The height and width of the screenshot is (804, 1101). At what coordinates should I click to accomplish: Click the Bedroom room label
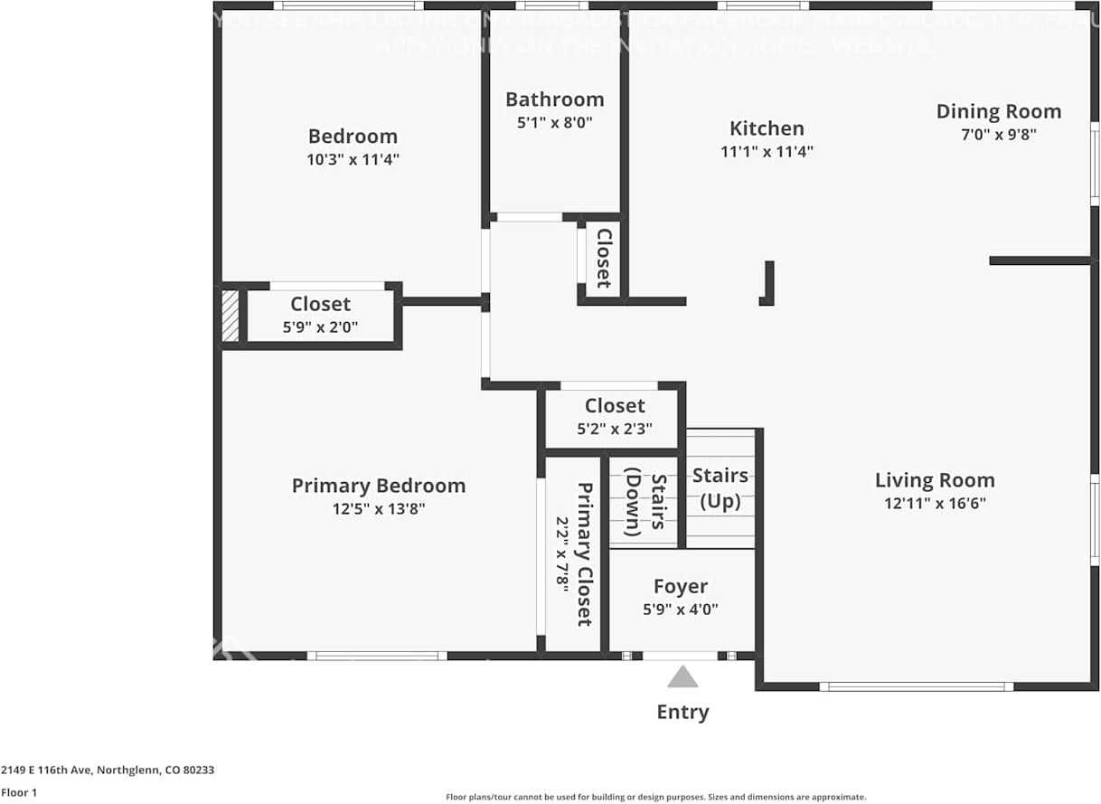353,137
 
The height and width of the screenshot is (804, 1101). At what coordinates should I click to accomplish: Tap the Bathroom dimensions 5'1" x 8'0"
554,123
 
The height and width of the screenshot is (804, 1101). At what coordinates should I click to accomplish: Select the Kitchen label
767,128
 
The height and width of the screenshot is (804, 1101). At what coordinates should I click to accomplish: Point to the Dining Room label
998,111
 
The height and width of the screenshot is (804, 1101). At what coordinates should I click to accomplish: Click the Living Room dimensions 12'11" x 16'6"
935,504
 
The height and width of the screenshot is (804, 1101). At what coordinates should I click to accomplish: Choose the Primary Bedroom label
378,486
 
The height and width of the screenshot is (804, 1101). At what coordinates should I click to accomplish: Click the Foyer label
681,587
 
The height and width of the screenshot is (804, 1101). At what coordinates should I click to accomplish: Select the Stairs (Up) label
720,487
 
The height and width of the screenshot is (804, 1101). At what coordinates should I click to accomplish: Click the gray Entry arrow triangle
682,677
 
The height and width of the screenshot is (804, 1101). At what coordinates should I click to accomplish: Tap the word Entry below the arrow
682,712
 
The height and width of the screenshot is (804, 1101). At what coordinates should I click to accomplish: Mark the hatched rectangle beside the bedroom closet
231,316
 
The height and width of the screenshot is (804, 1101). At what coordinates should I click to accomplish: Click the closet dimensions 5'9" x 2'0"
320,327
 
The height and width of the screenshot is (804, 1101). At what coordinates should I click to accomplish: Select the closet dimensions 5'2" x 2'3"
615,429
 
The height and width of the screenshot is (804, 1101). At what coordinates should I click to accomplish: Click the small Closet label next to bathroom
603,258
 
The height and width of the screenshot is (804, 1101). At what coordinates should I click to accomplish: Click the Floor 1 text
19,792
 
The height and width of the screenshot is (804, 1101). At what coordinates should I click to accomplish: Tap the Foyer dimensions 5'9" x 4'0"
681,610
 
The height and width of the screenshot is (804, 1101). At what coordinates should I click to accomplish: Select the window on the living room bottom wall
917,686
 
